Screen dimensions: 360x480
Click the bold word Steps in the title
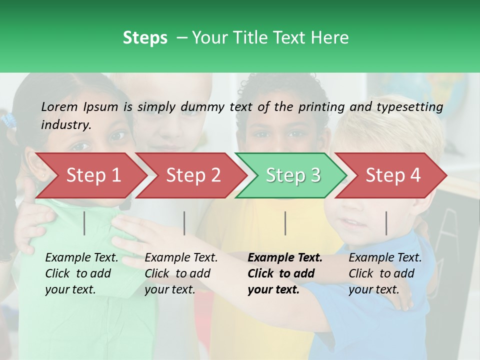145,38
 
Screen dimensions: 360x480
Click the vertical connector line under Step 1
84,223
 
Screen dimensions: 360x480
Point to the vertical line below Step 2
184,223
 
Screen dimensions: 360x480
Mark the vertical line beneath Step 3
285,223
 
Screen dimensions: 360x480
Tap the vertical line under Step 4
386,223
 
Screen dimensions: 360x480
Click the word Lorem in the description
59,107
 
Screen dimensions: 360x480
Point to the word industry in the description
65,125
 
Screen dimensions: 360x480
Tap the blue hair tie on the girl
8,120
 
